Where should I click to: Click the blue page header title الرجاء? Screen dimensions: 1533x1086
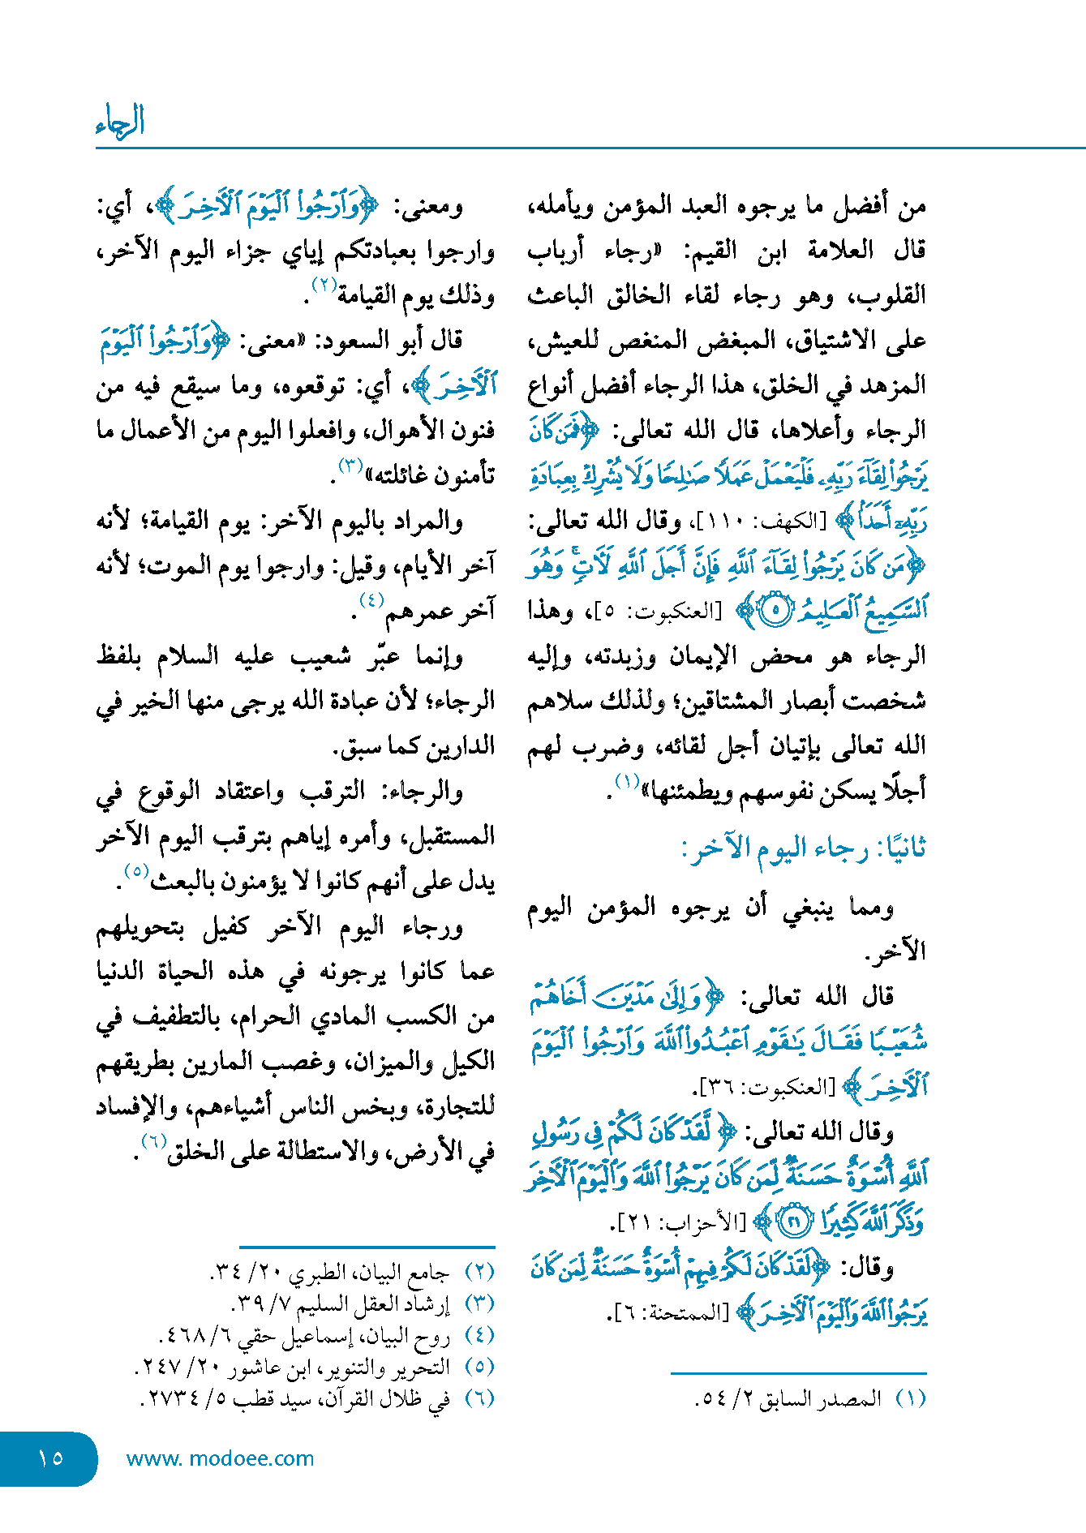point(120,122)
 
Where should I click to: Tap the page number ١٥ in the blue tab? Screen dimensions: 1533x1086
point(49,1458)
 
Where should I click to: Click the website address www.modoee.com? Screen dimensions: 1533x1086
point(220,1458)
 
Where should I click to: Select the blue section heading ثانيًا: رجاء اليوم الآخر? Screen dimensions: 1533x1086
point(804,849)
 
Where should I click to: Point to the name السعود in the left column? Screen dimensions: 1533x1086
point(358,341)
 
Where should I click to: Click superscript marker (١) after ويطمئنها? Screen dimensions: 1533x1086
point(627,781)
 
